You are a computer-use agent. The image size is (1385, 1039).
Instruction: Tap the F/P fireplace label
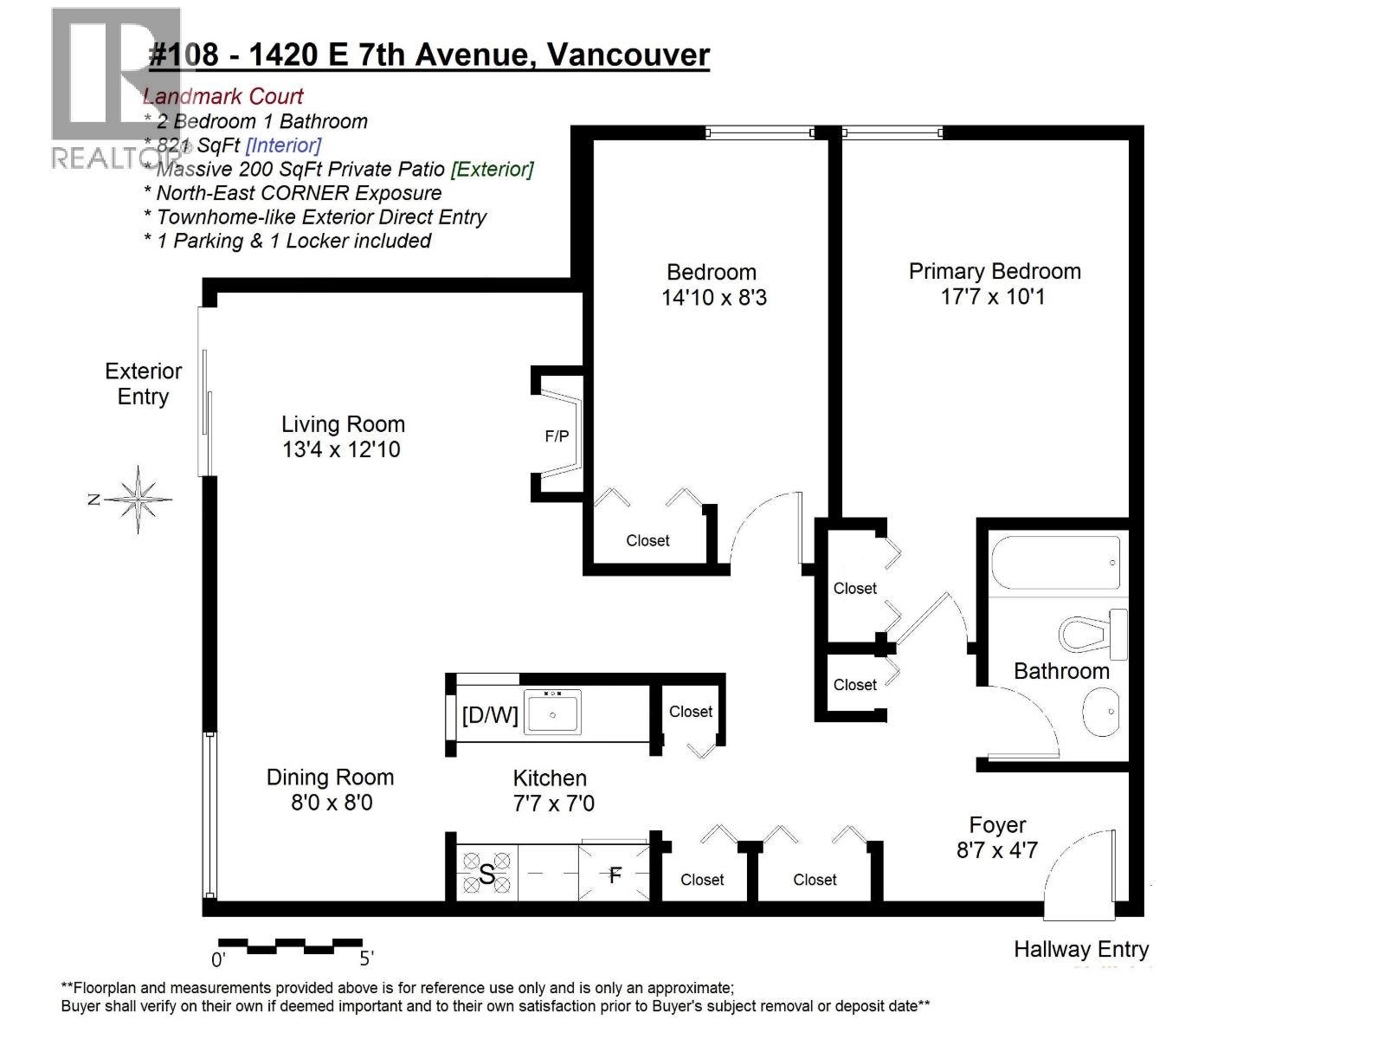557,436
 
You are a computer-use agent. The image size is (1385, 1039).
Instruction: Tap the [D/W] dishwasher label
490,715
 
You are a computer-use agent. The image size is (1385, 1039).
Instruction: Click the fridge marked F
615,874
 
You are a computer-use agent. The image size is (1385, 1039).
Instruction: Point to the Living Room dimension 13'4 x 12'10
341,449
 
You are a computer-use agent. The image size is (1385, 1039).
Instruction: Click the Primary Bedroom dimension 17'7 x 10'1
993,297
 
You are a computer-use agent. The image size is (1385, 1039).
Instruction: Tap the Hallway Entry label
1080,950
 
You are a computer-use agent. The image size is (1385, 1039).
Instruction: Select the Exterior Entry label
143,384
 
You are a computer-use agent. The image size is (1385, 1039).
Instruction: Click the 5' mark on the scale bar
366,958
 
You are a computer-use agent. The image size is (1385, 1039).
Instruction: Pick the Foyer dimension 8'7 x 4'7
996,850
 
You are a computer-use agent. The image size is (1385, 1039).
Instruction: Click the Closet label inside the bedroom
647,541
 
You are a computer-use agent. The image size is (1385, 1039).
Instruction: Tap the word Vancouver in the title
628,55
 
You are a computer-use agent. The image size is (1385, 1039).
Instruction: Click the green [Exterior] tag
492,169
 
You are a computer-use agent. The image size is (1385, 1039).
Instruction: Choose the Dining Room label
330,778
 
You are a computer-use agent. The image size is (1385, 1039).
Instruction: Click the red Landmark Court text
222,97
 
